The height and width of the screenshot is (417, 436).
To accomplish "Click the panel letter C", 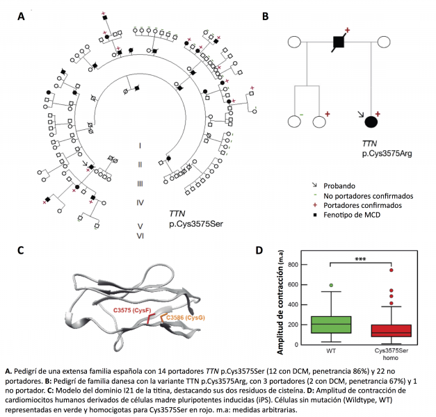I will pos(21,250).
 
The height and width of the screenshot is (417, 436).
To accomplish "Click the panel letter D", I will pos(258,250).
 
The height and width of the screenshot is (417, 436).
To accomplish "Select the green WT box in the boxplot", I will pos(316,325).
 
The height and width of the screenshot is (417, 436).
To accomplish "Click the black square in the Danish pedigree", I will pos(339,42).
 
